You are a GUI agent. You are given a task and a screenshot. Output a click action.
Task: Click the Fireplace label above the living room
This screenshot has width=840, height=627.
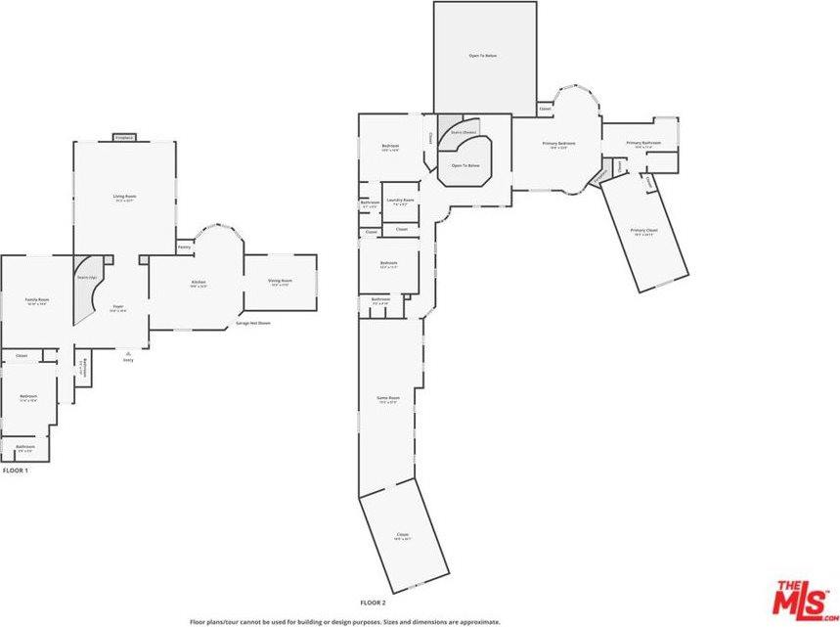124,138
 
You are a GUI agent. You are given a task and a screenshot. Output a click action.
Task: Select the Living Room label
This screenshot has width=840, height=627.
124,197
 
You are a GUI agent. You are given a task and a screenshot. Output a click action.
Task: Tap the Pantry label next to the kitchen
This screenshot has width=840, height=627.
184,246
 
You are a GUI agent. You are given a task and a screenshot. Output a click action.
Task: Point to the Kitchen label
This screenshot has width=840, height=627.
199,282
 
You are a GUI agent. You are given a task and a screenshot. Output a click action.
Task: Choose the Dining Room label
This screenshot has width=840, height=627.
281,282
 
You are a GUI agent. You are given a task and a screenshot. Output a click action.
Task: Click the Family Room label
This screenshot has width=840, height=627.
36,300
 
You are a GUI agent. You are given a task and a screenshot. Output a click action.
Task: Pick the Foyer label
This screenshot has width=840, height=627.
117,307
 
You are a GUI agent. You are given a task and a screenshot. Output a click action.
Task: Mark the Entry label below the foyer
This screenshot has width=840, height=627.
128,358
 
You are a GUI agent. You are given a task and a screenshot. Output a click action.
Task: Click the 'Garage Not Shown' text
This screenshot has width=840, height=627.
252,323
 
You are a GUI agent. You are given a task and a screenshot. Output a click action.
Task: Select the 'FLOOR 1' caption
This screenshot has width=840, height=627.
16,470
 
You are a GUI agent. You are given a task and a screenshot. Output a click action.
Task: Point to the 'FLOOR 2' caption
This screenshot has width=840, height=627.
373,603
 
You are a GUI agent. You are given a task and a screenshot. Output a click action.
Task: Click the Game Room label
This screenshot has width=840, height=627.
388,398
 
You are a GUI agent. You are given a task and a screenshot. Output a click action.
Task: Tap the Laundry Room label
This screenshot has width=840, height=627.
400,201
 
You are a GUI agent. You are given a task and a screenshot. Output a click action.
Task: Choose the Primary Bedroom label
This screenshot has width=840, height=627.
558,145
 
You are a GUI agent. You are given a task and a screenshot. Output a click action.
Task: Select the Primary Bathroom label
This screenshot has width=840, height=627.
643,144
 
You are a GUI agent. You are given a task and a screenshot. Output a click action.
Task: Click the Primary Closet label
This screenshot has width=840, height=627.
644,233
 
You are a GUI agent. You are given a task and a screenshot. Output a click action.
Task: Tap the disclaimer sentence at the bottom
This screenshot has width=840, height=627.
345,621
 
